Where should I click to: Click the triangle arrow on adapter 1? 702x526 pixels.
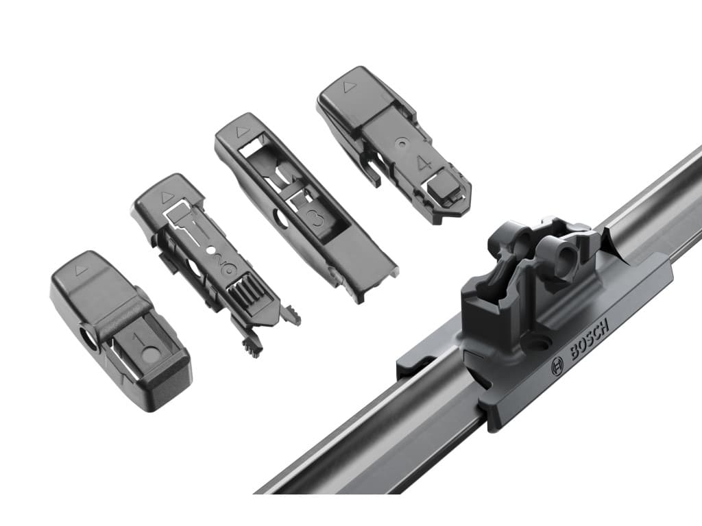pyautogui.click(x=82, y=270)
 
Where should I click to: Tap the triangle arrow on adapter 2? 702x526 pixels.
pyautogui.click(x=166, y=195)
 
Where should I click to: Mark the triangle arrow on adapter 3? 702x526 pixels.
pyautogui.click(x=242, y=131)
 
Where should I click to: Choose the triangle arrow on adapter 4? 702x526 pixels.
pyautogui.click(x=348, y=87)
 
